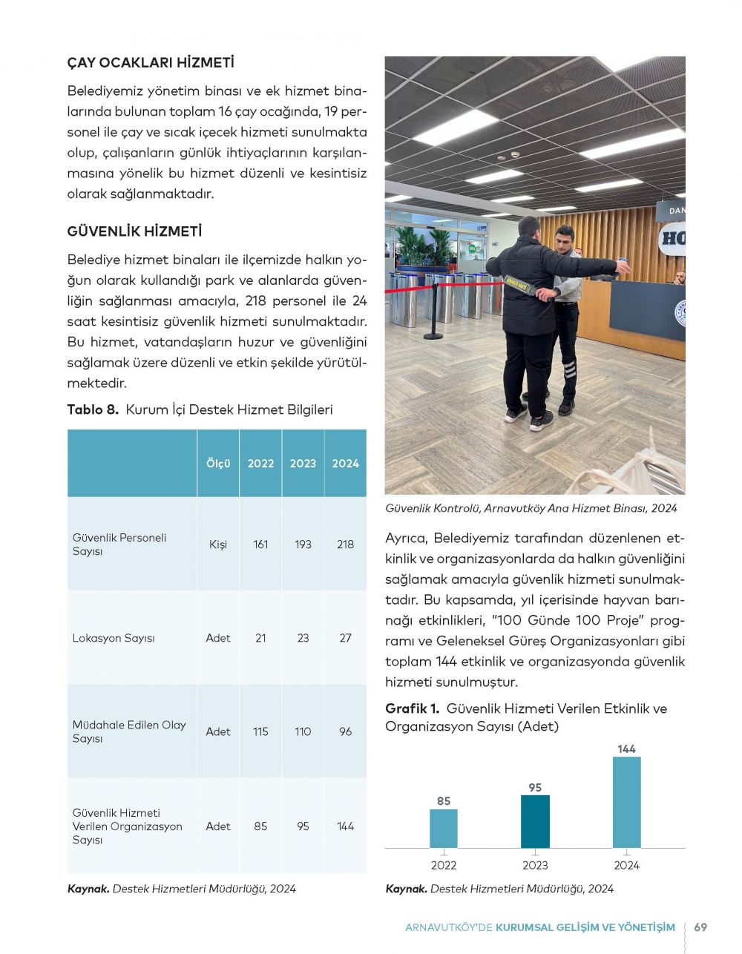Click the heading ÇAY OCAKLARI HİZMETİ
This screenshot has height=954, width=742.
(151, 63)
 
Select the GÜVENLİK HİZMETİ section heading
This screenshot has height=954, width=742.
(134, 231)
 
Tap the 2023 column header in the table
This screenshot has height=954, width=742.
(303, 464)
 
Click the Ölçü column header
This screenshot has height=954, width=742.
(218, 464)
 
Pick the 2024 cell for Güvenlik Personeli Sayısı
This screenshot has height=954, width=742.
(345, 545)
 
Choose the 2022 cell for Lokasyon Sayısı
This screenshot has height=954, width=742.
(260, 638)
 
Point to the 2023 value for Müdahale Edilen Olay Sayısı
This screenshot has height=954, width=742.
(303, 731)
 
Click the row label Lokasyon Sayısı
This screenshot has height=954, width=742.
(114, 638)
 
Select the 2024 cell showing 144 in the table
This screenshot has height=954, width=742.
(345, 826)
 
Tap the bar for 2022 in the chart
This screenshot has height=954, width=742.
(444, 829)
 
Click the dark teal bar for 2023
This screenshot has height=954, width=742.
(535, 822)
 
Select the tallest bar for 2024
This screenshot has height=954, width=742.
(626, 803)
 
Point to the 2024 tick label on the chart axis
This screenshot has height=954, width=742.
(626, 866)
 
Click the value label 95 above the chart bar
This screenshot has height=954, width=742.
(535, 788)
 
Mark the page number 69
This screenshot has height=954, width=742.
(700, 927)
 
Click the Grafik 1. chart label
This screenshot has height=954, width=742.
(413, 709)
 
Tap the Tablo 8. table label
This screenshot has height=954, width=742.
(93, 410)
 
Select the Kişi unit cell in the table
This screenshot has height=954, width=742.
(218, 545)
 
